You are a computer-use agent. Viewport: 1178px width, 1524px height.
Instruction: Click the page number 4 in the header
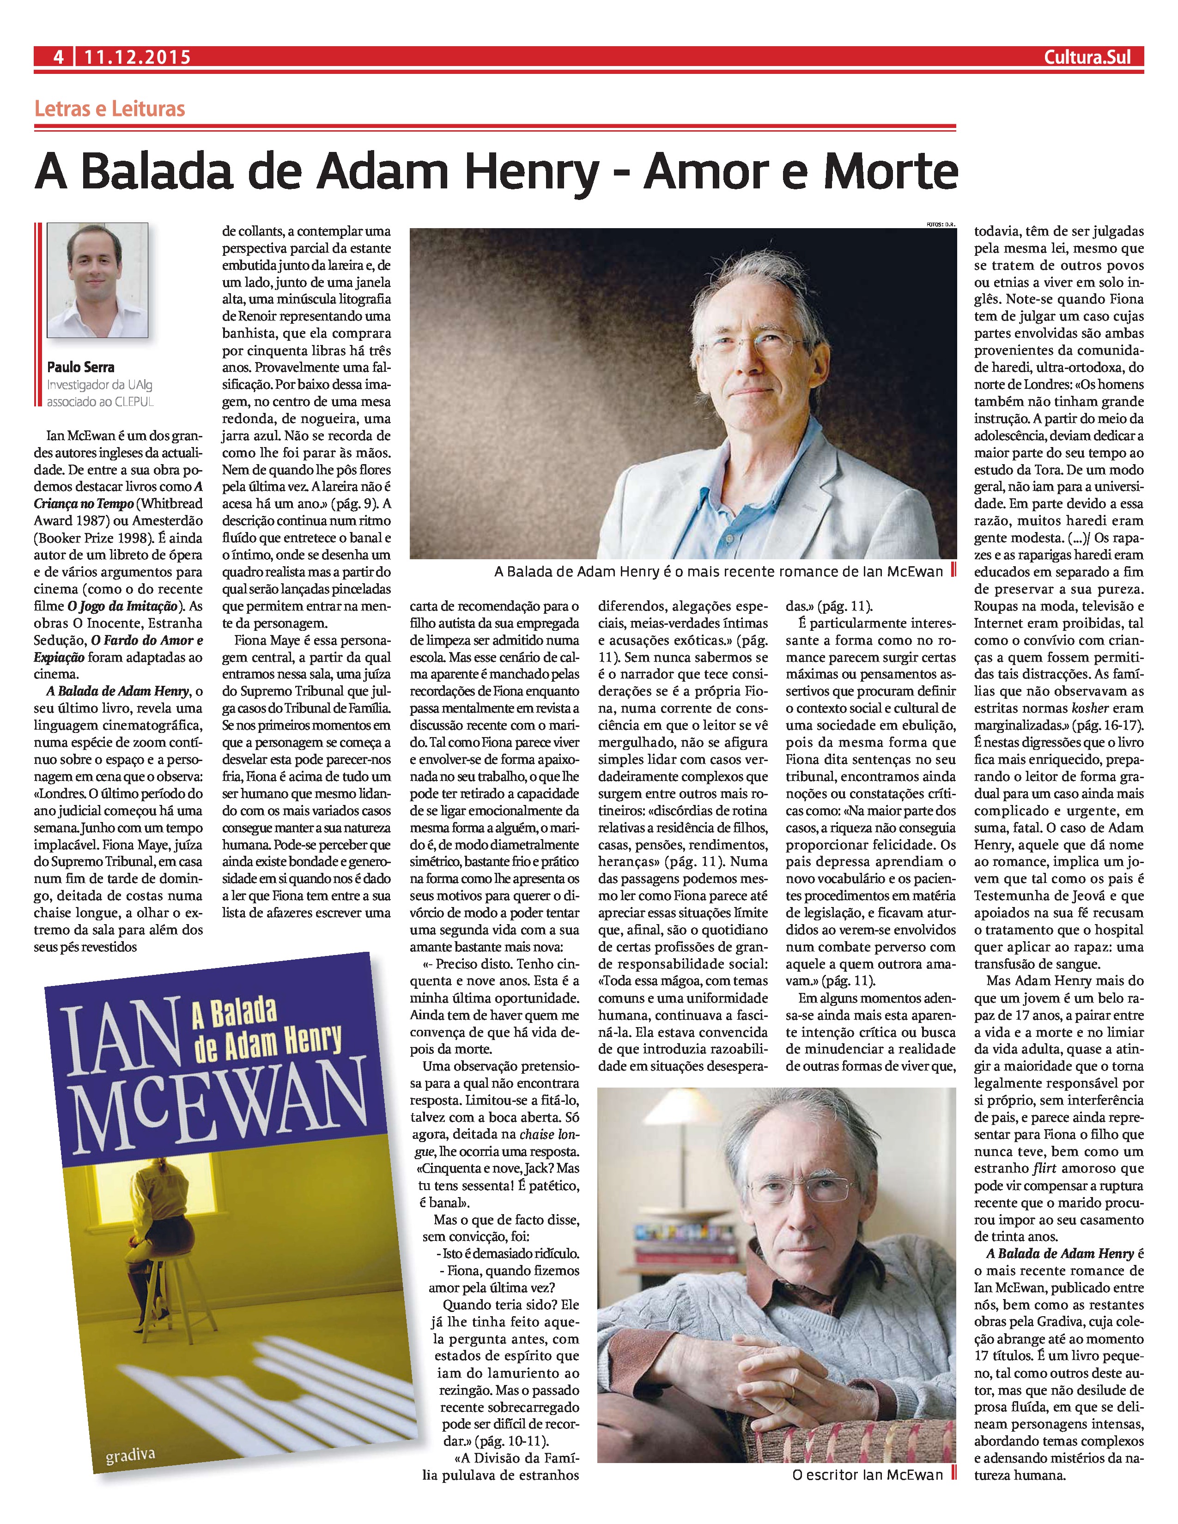[x=59, y=57]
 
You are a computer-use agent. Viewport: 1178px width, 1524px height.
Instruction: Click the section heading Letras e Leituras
[x=109, y=109]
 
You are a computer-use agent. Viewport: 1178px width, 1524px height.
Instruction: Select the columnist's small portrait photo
[x=97, y=280]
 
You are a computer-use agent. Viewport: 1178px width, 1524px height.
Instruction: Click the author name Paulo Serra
[x=80, y=367]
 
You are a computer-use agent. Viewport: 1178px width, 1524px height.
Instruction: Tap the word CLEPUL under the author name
[x=131, y=402]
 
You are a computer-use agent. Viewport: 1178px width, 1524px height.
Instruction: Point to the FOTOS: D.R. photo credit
[x=939, y=224]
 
